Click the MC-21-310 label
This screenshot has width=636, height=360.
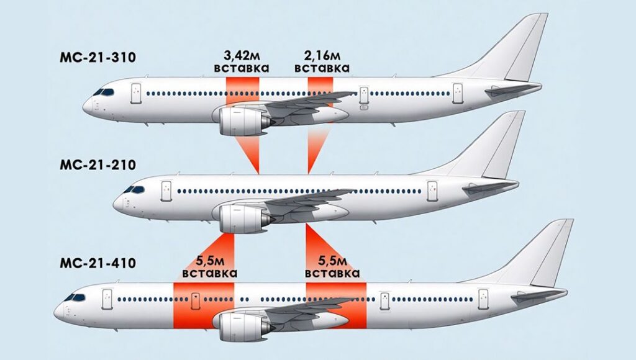coord(98,57)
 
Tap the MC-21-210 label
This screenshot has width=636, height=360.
coord(98,165)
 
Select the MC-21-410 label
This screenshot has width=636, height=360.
coord(98,263)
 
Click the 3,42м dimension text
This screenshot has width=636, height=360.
coord(242,55)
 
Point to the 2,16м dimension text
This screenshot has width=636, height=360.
coord(322,55)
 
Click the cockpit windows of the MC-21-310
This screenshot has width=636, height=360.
coord(104,92)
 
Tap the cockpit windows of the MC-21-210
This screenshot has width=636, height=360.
coord(134,189)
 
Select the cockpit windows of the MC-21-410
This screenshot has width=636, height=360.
coord(75,297)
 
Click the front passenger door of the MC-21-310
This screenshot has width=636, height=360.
coord(136,94)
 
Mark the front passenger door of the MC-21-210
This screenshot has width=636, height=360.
coord(166,191)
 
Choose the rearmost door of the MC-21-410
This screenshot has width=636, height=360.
coord(483,299)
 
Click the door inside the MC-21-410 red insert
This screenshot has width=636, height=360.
coord(196,300)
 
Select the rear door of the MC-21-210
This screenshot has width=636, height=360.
coord(432,191)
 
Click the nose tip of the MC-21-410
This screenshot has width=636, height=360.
coord(55,312)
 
